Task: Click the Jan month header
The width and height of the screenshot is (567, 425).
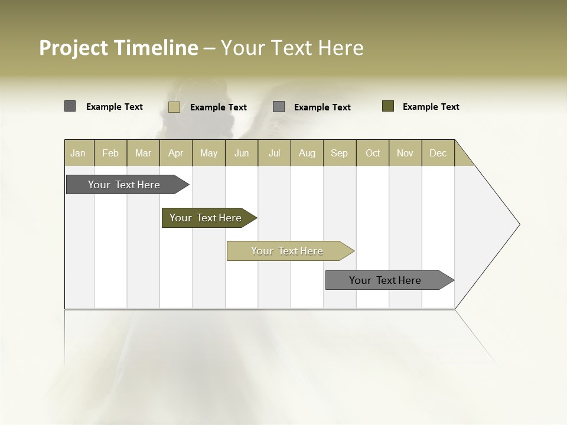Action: click(79, 153)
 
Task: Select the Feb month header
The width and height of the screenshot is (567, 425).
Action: click(110, 153)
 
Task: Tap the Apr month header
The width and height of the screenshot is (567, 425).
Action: click(176, 153)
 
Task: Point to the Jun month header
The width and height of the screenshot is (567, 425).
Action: click(242, 153)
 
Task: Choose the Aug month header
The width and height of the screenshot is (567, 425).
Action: click(307, 153)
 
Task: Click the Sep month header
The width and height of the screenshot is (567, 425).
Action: click(340, 153)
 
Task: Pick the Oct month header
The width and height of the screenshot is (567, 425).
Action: click(373, 153)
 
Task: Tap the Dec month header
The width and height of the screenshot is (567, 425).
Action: click(438, 153)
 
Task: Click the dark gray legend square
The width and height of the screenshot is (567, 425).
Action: click(70, 106)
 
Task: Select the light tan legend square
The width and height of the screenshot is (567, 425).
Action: click(174, 107)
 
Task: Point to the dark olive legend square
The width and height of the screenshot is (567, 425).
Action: click(387, 106)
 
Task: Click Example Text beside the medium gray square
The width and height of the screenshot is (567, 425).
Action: click(322, 107)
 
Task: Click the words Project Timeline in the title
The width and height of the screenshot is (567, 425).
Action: click(118, 48)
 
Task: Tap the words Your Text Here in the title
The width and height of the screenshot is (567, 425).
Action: click(292, 48)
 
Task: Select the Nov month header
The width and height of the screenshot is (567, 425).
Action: click(405, 153)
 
